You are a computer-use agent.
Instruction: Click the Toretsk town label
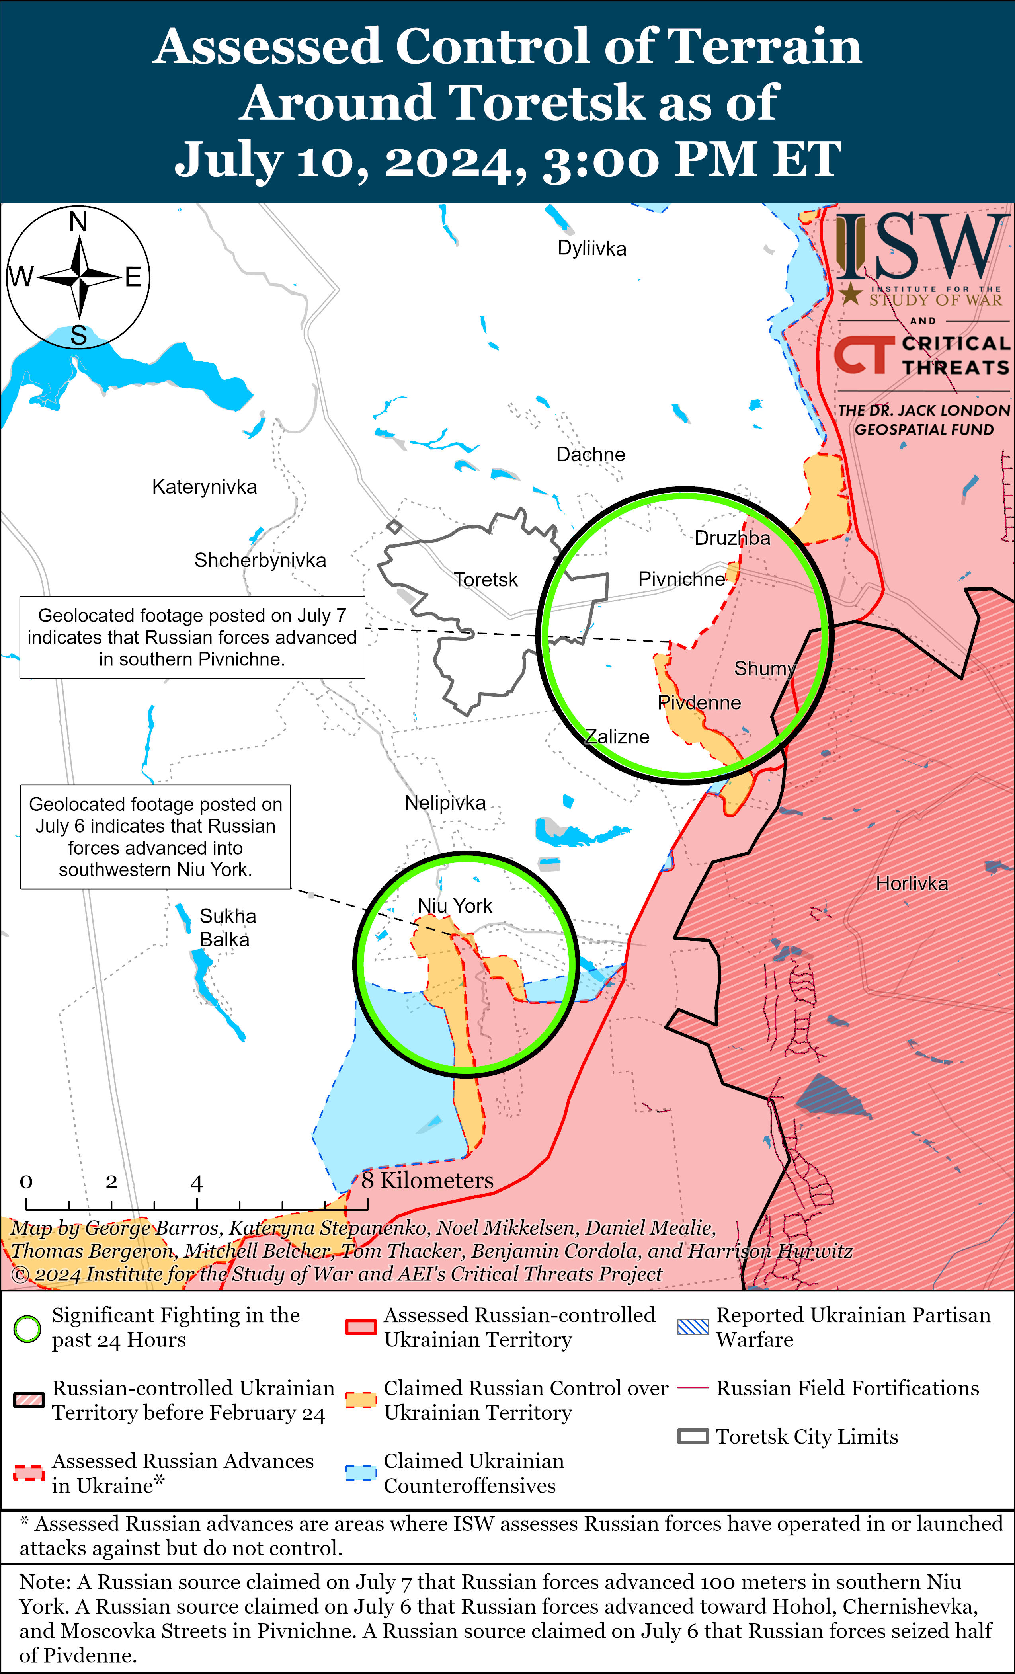[x=485, y=579]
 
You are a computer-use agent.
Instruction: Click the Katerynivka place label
[x=205, y=486]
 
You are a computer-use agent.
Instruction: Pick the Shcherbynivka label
[x=260, y=560]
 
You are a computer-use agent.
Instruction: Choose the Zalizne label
[x=618, y=736]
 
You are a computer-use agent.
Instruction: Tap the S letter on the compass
[x=79, y=336]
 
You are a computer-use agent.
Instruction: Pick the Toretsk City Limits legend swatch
[x=693, y=1437]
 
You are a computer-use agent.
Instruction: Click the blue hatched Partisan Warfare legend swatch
[x=693, y=1327]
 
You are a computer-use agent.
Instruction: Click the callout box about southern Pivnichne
[x=192, y=637]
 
